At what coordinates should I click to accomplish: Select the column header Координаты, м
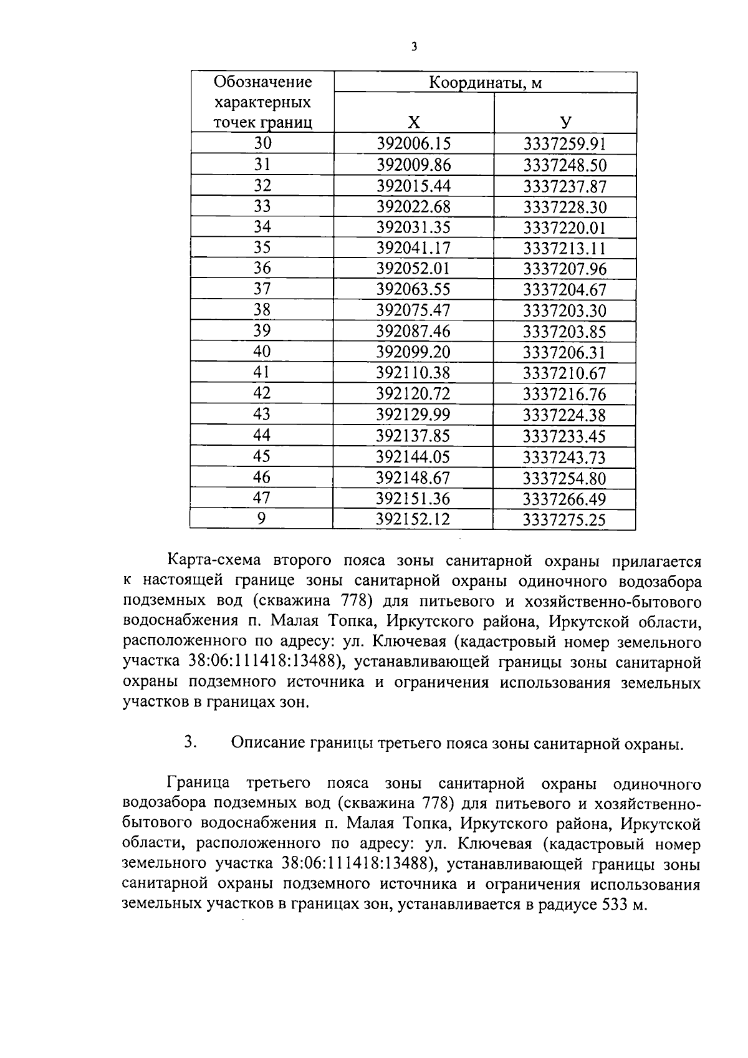click(x=485, y=82)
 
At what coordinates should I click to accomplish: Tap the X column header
click(x=413, y=122)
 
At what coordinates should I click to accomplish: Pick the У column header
click(x=565, y=122)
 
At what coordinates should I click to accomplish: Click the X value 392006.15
click(x=413, y=144)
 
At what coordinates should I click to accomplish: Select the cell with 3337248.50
click(x=565, y=165)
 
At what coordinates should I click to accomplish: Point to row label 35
click(x=262, y=248)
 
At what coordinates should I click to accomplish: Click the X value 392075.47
click(x=413, y=310)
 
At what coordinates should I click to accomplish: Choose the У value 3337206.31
click(x=565, y=352)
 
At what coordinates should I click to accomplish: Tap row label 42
click(x=262, y=393)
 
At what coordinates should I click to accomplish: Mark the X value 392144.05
click(x=413, y=457)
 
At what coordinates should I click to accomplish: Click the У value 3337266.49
click(x=565, y=499)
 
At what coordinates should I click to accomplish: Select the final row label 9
click(x=262, y=519)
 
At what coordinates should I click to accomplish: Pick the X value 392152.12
click(x=413, y=519)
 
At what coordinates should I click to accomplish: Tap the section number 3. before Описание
click(x=191, y=743)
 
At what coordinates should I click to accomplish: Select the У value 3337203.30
click(x=565, y=310)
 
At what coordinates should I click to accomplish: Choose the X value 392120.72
click(x=413, y=393)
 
